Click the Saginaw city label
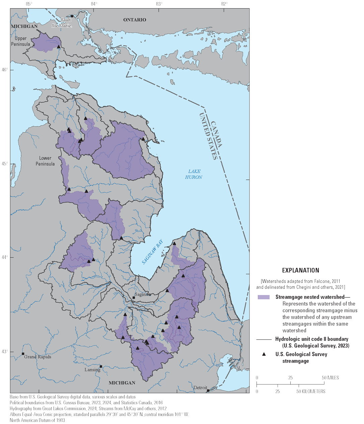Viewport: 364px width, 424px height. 143,295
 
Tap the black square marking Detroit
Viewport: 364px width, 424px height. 208,391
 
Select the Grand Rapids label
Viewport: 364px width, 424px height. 38,357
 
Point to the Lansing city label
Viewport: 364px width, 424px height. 92,370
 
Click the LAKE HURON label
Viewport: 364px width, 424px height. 194,174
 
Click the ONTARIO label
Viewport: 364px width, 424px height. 135,20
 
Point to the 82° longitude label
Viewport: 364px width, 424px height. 224,4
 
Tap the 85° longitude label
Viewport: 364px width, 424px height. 29,4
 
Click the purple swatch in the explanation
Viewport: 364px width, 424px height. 264,297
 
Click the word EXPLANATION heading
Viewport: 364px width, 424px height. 300,270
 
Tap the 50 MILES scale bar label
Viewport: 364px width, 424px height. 331,378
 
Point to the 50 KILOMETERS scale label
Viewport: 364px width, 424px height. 311,391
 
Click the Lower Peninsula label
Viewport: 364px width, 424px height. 45,161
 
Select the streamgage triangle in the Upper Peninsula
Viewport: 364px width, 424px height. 59,47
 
